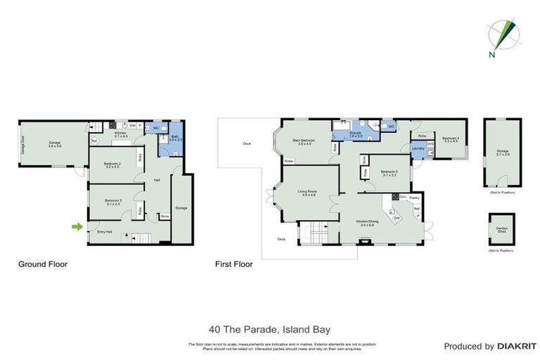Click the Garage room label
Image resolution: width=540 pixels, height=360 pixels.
(54, 144)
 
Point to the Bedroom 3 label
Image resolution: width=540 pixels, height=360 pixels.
(113, 202)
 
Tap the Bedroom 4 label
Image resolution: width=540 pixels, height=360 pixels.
(451, 140)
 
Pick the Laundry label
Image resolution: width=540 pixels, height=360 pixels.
(416, 148)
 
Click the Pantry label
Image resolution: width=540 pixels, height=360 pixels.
(415, 198)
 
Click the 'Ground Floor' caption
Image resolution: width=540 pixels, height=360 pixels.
(42, 265)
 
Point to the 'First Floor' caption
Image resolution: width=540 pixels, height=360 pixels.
(234, 265)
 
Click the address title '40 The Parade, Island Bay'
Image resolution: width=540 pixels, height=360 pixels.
(269, 328)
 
